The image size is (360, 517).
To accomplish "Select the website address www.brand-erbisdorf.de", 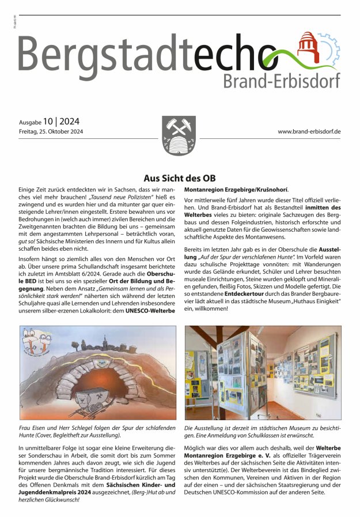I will coord(309,132).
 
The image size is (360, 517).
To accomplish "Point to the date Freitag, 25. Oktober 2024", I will coord(51,132).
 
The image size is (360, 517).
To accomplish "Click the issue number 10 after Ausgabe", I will coord(48,121).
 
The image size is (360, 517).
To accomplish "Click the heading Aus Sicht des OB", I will coord(179,179).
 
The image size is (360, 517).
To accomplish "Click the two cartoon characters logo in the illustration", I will coord(38,344).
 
